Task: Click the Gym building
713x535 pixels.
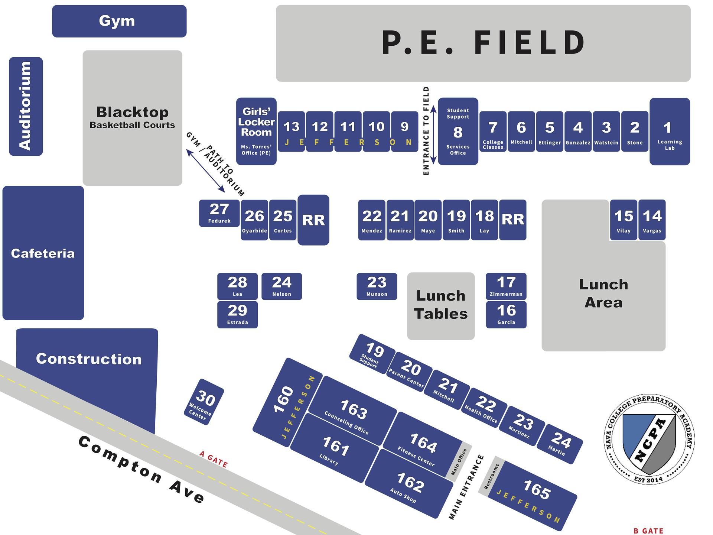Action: [119, 21]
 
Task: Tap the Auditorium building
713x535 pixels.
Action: [26, 106]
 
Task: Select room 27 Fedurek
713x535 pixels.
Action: [219, 213]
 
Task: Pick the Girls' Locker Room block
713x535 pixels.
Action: [256, 131]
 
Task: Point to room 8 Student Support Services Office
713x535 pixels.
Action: [458, 131]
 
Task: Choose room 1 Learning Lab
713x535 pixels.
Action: [670, 131]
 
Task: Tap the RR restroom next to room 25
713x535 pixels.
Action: [313, 220]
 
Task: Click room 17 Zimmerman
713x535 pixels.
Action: [506, 286]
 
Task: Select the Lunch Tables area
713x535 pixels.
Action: [441, 306]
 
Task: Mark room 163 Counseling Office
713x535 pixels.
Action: [352, 411]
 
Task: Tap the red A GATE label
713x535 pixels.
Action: [214, 459]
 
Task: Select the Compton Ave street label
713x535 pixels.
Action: [141, 469]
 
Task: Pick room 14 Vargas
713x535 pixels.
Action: [652, 220]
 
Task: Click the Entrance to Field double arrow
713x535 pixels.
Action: [433, 130]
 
